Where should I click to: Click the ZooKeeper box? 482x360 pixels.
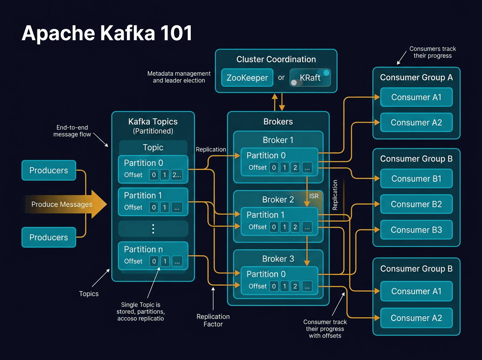(x=247, y=78)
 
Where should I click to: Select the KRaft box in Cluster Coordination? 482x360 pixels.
(x=310, y=78)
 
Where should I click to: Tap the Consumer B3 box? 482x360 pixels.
(x=416, y=230)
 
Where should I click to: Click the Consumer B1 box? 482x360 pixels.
(x=416, y=178)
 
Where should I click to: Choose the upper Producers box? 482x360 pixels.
(x=49, y=170)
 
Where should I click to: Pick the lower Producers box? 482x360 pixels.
(x=49, y=237)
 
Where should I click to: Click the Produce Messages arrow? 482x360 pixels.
(x=64, y=204)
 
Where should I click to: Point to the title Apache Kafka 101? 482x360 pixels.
(x=107, y=34)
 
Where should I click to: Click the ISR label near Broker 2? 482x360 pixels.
(x=314, y=196)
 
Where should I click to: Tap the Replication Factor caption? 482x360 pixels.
(x=213, y=320)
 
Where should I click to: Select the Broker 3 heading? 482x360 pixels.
(x=278, y=259)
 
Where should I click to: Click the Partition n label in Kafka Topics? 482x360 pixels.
(x=143, y=249)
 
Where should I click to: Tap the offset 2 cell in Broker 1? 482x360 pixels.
(x=295, y=168)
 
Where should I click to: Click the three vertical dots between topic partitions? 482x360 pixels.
(x=153, y=229)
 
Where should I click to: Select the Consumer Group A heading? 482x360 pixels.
(x=416, y=78)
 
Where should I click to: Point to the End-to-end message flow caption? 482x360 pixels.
(x=72, y=131)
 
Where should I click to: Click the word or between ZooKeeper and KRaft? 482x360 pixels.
(x=281, y=78)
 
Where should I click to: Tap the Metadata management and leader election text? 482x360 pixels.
(x=179, y=77)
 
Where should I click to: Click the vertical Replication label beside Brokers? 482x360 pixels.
(x=335, y=195)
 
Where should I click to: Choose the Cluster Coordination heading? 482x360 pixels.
(x=276, y=59)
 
